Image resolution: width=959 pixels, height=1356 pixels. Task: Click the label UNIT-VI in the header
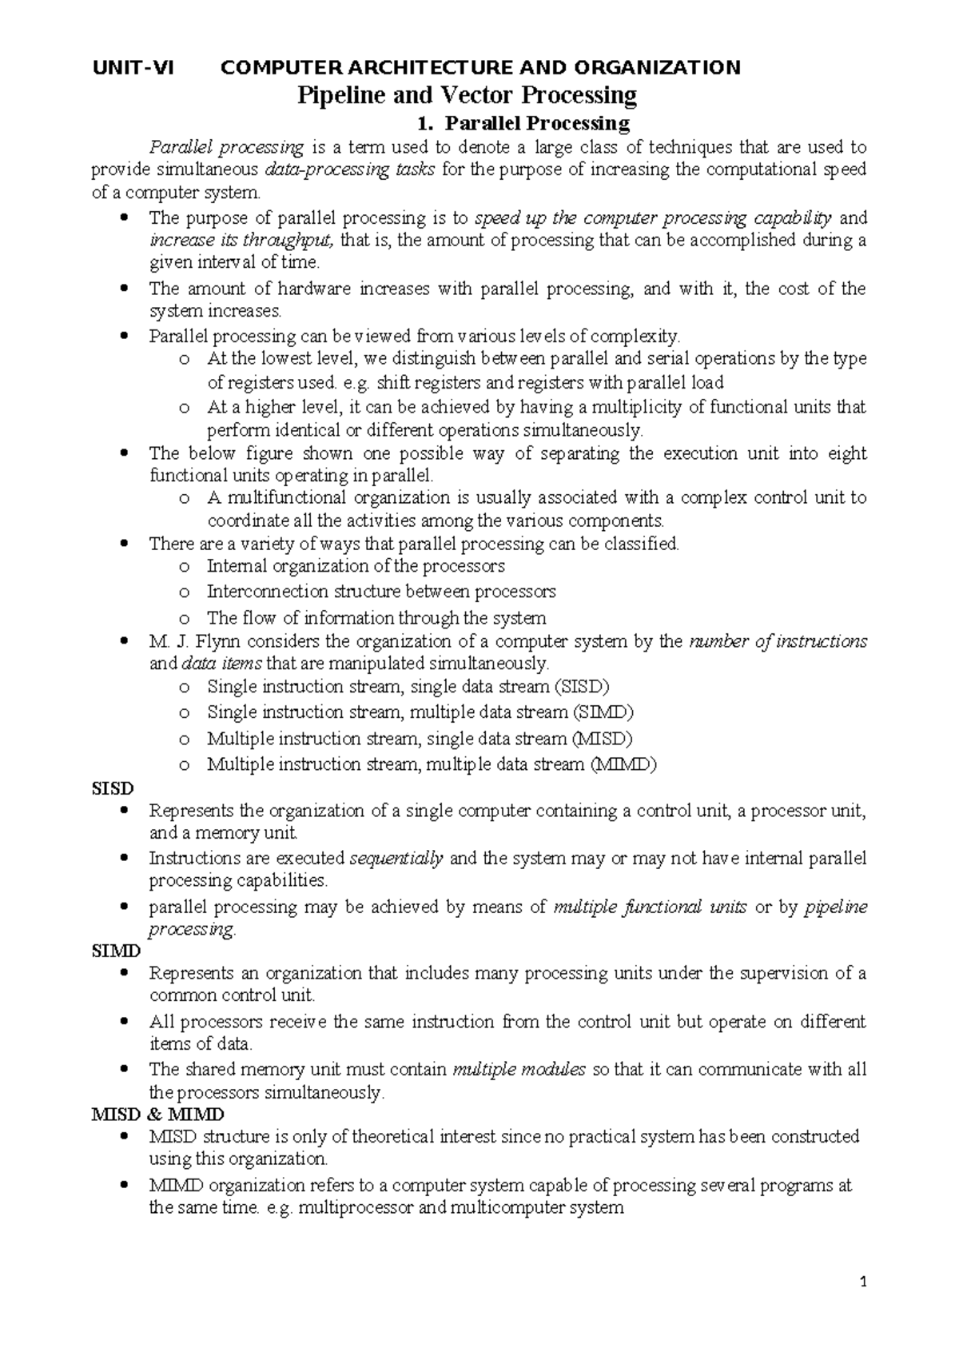tap(133, 68)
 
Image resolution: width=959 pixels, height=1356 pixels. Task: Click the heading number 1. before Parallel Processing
tap(425, 123)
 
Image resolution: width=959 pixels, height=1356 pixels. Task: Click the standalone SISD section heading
tap(113, 788)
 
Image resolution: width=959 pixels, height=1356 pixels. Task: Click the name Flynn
tap(217, 641)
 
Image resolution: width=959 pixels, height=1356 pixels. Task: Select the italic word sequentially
tap(396, 859)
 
